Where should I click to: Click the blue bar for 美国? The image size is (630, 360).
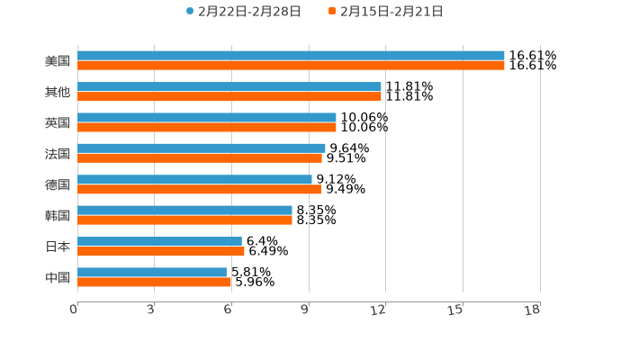click(291, 56)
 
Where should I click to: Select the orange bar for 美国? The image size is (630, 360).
click(291, 66)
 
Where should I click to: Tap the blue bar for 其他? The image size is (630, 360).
click(229, 86)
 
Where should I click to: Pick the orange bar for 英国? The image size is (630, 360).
click(207, 127)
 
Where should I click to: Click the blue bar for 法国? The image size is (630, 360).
click(202, 148)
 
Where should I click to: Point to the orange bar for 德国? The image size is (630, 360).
click(199, 189)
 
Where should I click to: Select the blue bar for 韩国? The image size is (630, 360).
click(184, 210)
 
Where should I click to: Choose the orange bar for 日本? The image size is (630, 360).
click(161, 251)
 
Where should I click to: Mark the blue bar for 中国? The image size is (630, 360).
click(152, 272)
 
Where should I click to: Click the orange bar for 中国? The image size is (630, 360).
click(155, 282)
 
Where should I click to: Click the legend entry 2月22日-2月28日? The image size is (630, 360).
click(243, 12)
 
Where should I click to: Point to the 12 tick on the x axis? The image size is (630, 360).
click(380, 310)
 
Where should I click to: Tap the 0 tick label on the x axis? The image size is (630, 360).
click(74, 310)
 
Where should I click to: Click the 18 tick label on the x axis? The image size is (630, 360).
click(533, 310)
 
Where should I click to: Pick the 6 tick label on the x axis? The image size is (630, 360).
click(228, 310)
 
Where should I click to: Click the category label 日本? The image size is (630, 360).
click(58, 246)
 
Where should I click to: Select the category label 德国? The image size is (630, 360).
click(58, 184)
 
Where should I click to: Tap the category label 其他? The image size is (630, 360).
click(58, 92)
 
